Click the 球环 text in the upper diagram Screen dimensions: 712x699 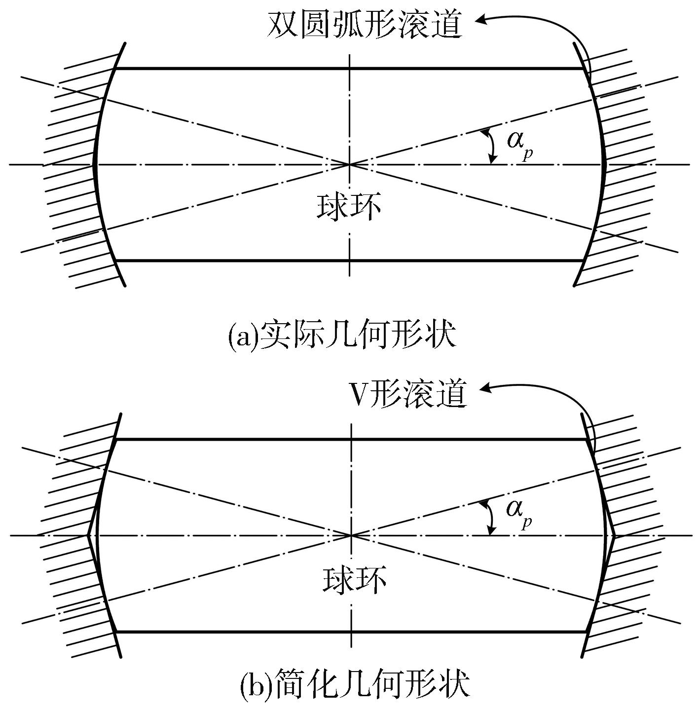(348, 207)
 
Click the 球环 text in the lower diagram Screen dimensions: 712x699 (354, 579)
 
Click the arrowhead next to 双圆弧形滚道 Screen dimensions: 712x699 (481, 19)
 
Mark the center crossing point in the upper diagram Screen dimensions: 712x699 (349, 164)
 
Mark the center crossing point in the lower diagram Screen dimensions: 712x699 (351, 535)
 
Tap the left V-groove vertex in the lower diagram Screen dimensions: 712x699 (88, 535)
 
